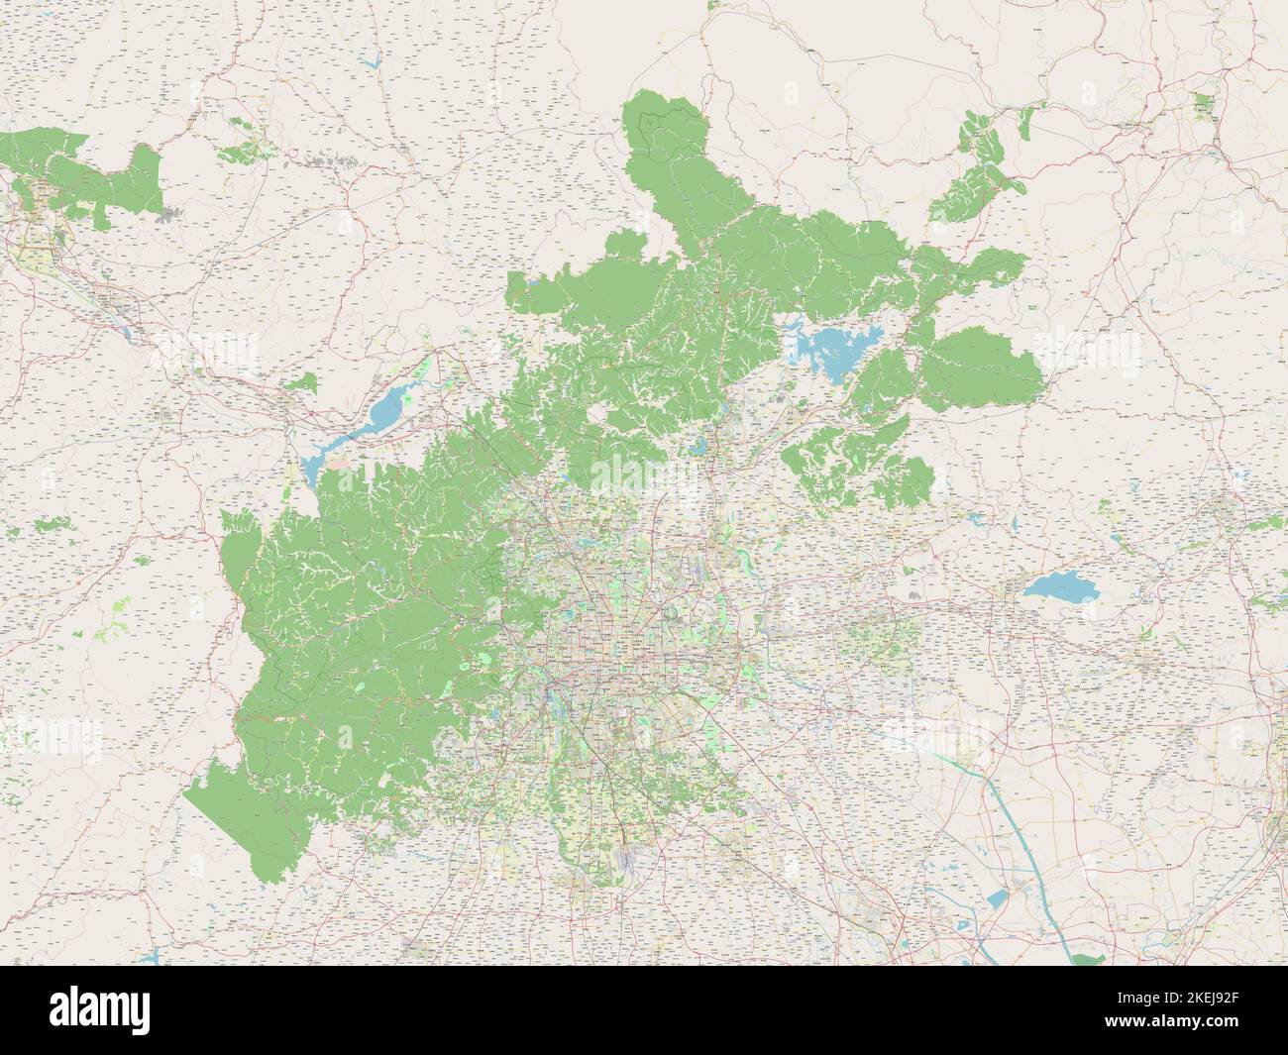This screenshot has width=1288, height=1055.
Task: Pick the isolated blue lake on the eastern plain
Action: coord(1060,588)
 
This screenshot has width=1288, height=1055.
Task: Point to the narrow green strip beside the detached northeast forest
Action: coord(1024,123)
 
